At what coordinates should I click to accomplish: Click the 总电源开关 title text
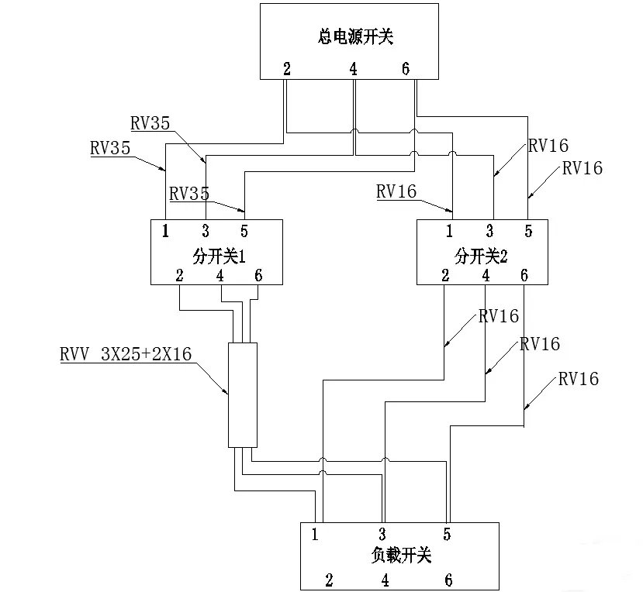tap(350, 36)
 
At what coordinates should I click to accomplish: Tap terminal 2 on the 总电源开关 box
tap(287, 69)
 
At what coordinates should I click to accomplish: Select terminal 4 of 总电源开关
tap(354, 69)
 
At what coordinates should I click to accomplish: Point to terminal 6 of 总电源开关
tap(406, 69)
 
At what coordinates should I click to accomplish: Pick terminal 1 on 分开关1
tap(166, 230)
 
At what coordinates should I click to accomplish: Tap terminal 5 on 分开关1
tap(244, 230)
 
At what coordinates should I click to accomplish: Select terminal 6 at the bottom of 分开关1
tap(258, 275)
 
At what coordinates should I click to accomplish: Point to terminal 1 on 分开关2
tap(449, 230)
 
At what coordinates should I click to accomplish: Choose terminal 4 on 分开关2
tap(486, 275)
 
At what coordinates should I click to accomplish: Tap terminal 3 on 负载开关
tap(382, 534)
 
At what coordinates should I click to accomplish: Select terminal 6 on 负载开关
tap(448, 580)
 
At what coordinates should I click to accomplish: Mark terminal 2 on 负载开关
tap(329, 580)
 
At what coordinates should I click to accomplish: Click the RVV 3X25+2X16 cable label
tap(125, 353)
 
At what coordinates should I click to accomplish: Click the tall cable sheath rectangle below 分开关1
tap(242, 394)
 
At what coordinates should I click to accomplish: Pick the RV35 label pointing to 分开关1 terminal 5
tap(188, 193)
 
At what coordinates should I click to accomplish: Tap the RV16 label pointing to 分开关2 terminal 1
tap(396, 191)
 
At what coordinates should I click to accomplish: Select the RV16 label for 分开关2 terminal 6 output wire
tap(578, 379)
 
